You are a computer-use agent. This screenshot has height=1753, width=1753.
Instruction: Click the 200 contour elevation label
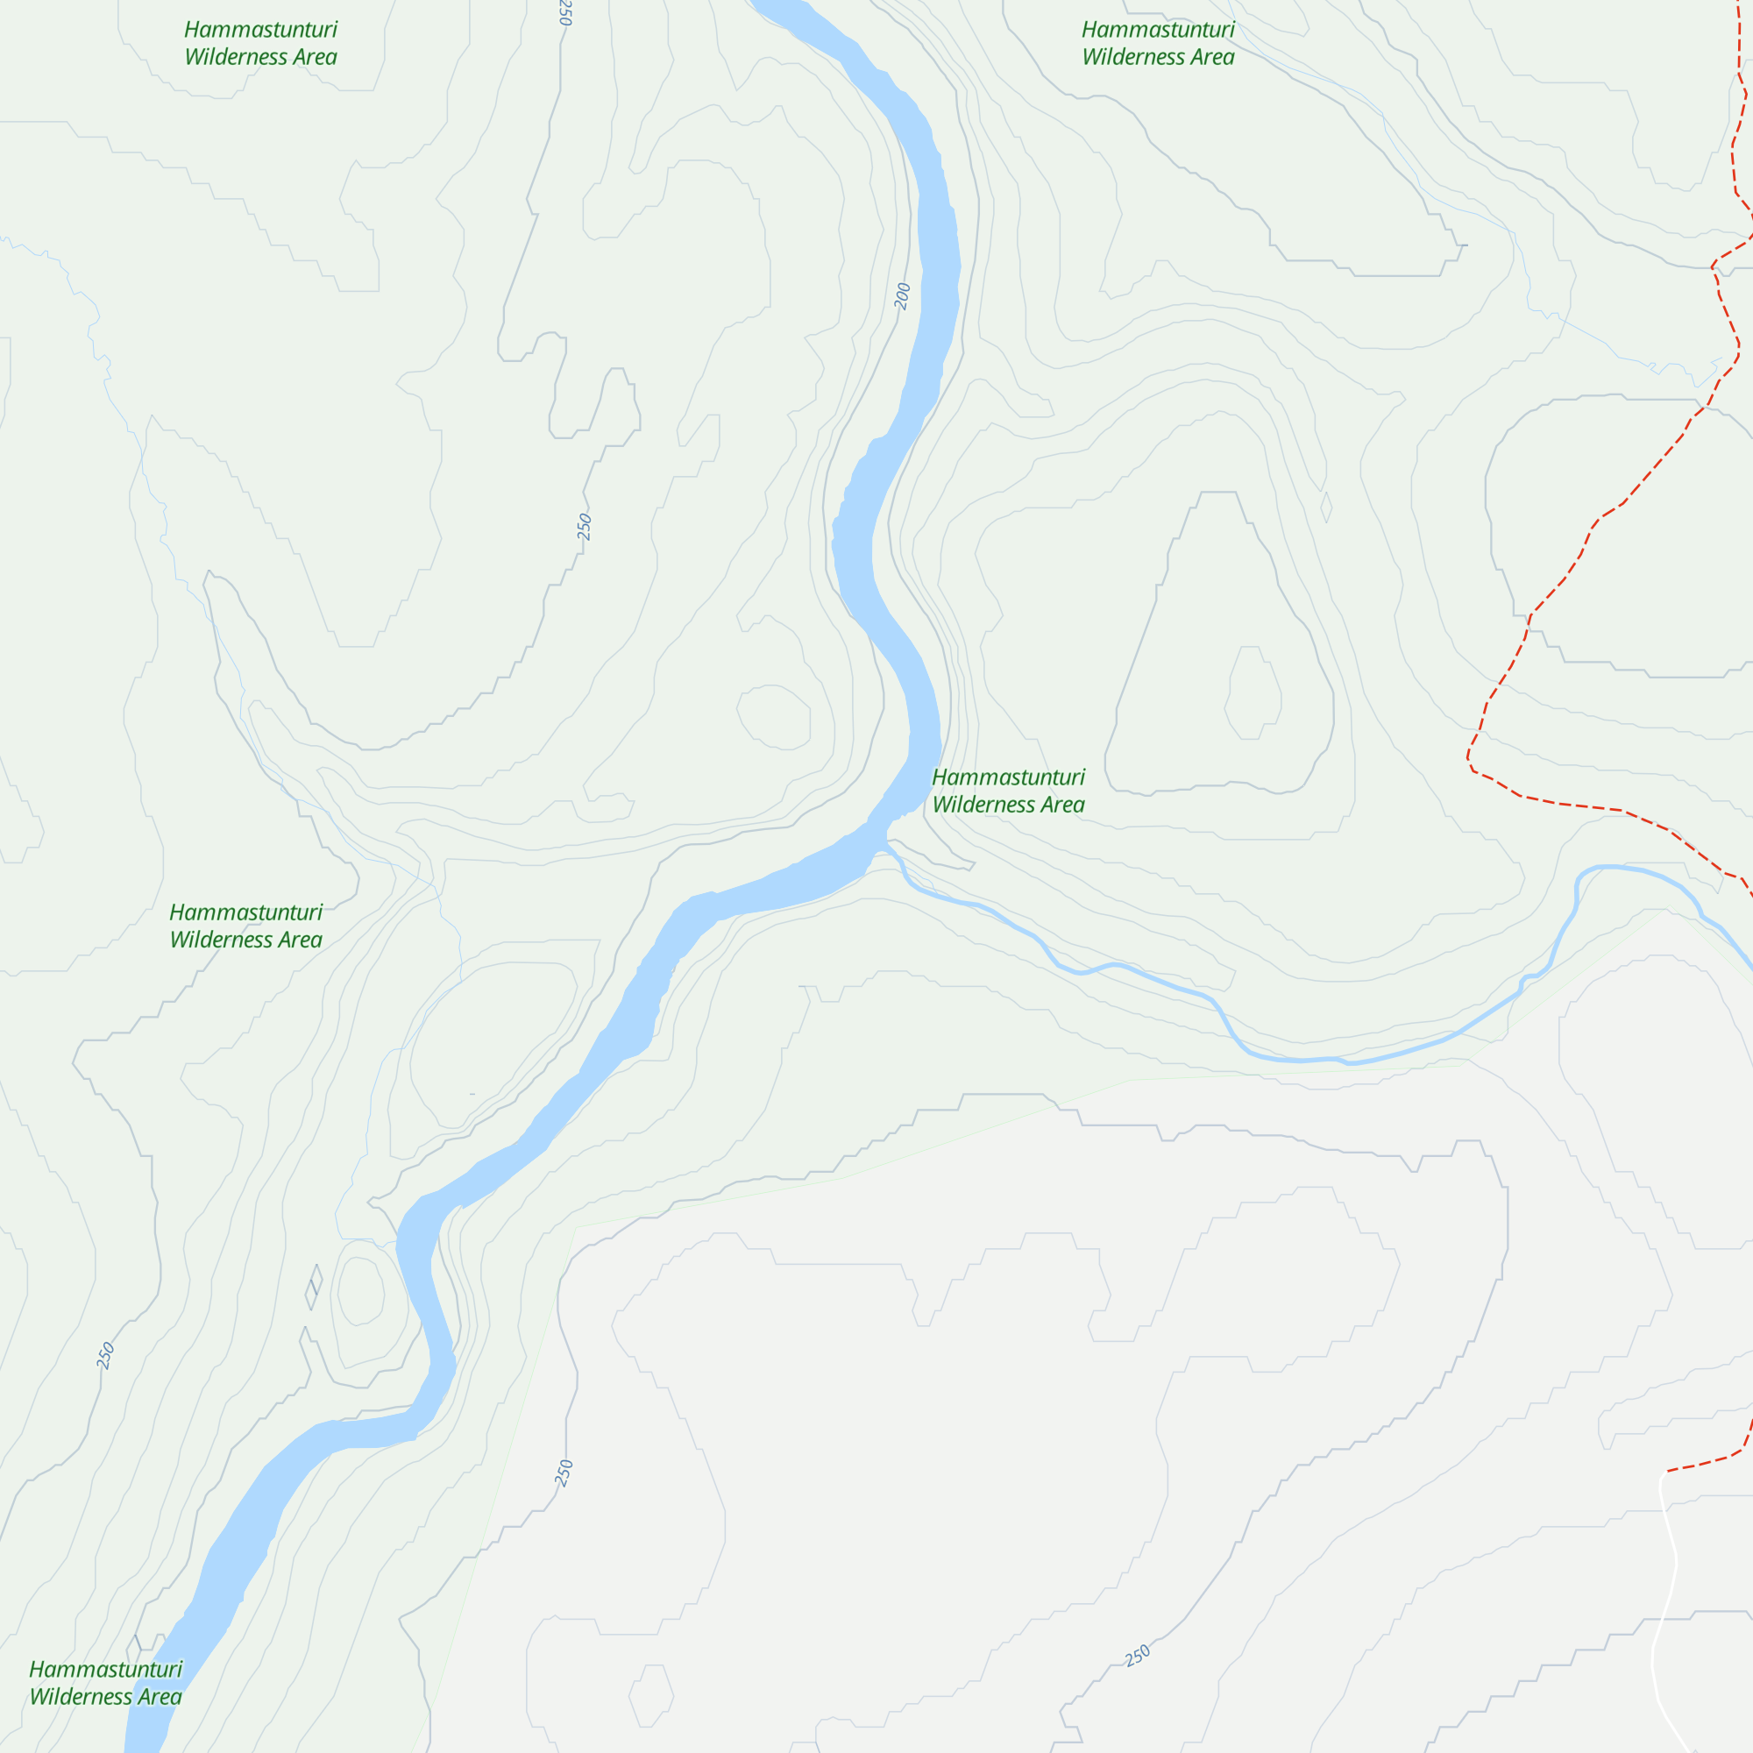pos(902,295)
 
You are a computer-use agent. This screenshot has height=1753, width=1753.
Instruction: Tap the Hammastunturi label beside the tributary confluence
pos(1008,777)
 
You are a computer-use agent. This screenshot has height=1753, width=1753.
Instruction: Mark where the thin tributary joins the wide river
pos(884,844)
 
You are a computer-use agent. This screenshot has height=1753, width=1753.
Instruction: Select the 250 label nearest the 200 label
pos(585,526)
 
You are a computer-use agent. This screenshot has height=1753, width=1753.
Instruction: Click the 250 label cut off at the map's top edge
pos(565,11)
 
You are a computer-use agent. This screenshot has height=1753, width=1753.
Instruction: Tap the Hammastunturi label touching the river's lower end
pos(105,1670)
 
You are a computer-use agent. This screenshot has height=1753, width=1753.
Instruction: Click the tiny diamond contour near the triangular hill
pos(1326,507)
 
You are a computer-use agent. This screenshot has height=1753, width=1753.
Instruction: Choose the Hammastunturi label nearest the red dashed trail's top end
pos(1158,30)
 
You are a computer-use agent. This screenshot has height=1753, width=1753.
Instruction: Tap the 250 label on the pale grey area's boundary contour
pos(564,1473)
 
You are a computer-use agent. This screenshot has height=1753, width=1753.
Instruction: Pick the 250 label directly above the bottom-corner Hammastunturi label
pos(106,1356)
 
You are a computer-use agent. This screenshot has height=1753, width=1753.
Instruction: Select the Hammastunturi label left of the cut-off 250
pos(260,30)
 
